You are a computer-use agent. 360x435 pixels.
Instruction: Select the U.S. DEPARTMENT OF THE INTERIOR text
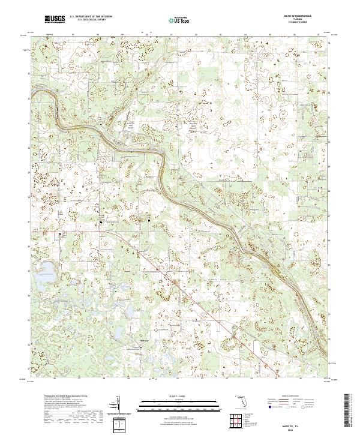[x=91, y=17]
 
